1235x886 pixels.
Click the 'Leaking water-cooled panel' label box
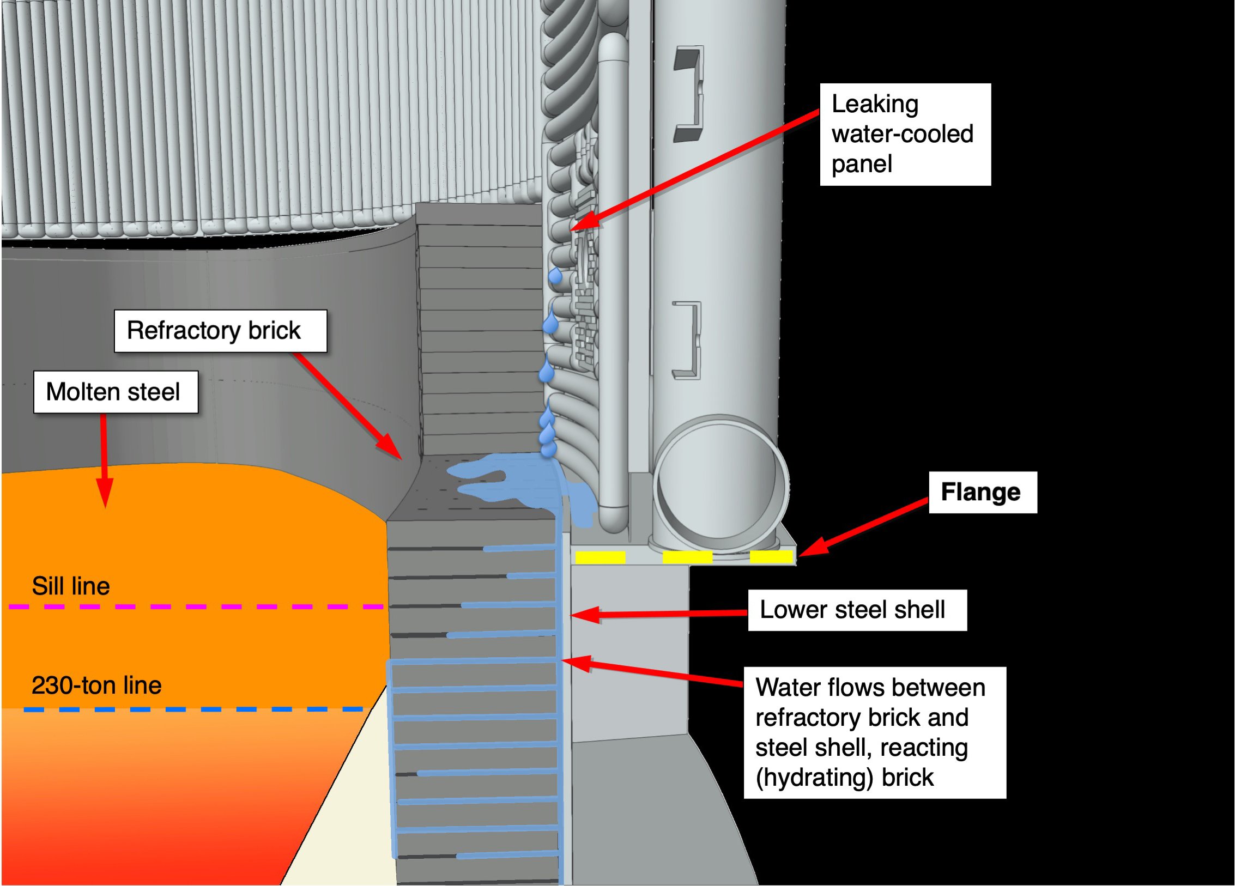[x=905, y=134]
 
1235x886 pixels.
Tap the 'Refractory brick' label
[x=220, y=331]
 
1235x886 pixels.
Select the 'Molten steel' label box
[x=116, y=392]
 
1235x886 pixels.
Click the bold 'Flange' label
[x=982, y=492]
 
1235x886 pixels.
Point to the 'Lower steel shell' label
[x=857, y=610]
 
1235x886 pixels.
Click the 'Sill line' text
[x=71, y=586]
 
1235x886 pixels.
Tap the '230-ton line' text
[x=96, y=685]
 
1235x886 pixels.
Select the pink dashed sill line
[x=196, y=606]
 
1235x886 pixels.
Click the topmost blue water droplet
[x=555, y=276]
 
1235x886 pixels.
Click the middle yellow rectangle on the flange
[x=687, y=557]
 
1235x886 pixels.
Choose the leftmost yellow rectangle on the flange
[x=600, y=557]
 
